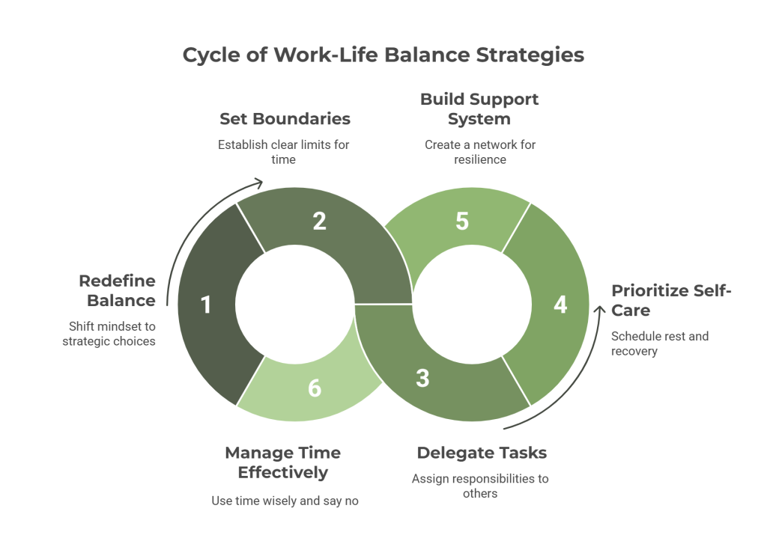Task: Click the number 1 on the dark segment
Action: pyautogui.click(x=206, y=305)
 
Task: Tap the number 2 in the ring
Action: pyautogui.click(x=319, y=221)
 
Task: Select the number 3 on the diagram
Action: pyautogui.click(x=422, y=379)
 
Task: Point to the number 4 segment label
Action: pyautogui.click(x=560, y=305)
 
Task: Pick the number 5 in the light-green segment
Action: pyautogui.click(x=462, y=221)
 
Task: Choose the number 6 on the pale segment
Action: pyautogui.click(x=315, y=388)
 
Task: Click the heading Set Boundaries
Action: pyautogui.click(x=285, y=119)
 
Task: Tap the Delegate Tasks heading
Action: pyautogui.click(x=482, y=453)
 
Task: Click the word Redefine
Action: pyautogui.click(x=118, y=281)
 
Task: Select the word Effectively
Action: pyautogui.click(x=283, y=473)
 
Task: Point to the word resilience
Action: pyautogui.click(x=480, y=159)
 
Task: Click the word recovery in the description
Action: pyautogui.click(x=634, y=352)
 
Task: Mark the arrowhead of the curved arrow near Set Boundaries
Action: pyautogui.click(x=258, y=183)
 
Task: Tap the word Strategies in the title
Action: pyautogui.click(x=530, y=55)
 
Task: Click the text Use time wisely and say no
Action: pyautogui.click(x=285, y=501)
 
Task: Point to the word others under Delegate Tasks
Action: pyautogui.click(x=480, y=493)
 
